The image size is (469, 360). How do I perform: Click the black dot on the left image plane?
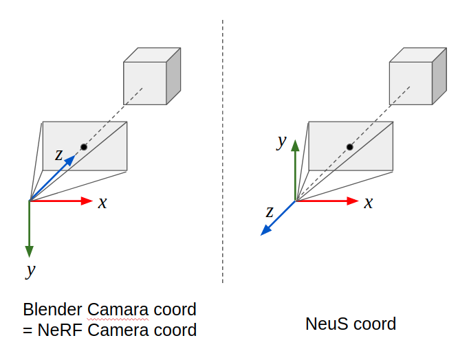(x=84, y=147)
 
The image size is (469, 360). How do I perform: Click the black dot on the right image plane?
(x=349, y=147)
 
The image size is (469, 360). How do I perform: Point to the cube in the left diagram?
(x=150, y=78)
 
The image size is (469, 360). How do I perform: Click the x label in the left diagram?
(x=102, y=203)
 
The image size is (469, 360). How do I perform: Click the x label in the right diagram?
(x=369, y=203)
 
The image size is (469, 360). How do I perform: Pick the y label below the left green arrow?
(x=30, y=270)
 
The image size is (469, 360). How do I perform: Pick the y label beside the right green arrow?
(x=281, y=142)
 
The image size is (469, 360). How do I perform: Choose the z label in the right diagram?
(x=270, y=211)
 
